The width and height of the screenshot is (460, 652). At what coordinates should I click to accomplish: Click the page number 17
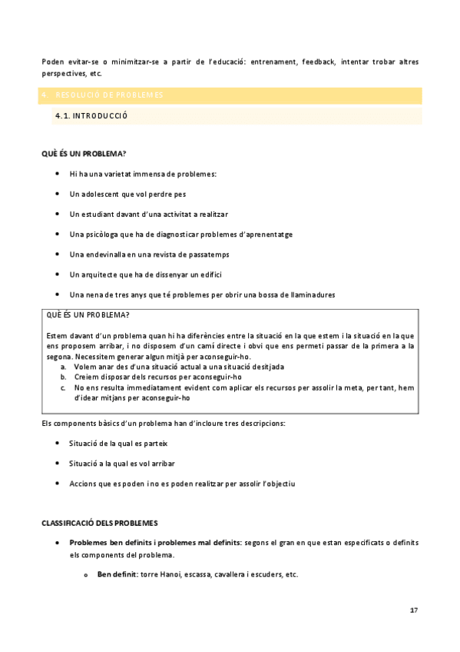(414, 610)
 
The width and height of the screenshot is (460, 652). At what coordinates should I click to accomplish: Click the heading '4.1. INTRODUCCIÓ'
(91, 116)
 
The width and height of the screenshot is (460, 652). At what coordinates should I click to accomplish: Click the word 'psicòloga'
(105, 235)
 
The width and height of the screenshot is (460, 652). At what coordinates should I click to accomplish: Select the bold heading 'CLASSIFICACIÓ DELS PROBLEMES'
(99, 523)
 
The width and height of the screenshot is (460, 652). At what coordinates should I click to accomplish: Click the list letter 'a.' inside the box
(63, 368)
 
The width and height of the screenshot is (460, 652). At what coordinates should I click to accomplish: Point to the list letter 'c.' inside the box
(63, 388)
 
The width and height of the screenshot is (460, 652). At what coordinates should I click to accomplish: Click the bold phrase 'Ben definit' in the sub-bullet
(115, 575)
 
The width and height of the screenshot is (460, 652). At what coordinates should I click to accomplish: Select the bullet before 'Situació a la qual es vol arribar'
(58, 464)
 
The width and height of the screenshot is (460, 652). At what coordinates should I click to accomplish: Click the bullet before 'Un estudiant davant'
(58, 214)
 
